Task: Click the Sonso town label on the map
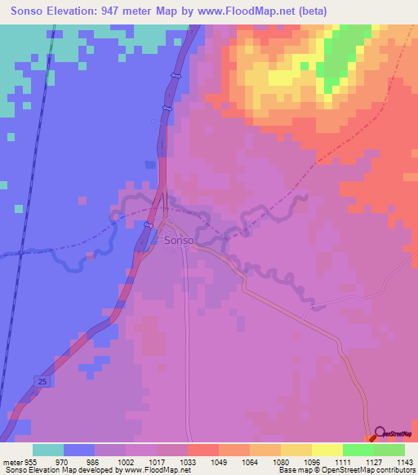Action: click(179, 242)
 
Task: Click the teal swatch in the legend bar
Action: click(48, 449)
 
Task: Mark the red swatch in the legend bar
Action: click(203, 449)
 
